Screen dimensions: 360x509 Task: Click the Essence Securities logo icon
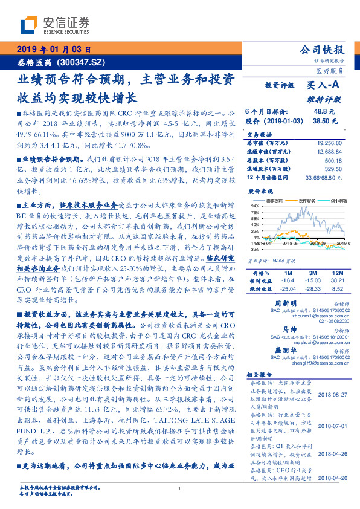(x=28, y=24)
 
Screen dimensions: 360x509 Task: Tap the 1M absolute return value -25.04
(x=288, y=289)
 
